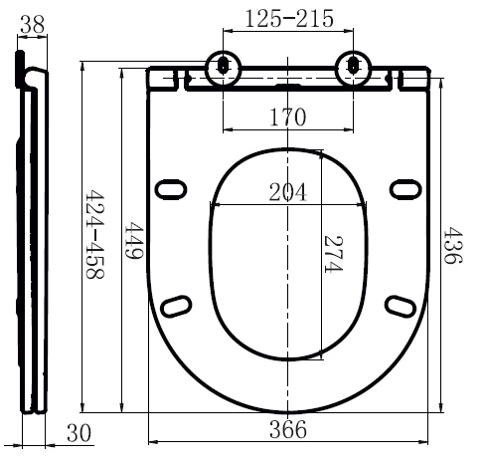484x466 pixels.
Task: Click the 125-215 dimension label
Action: tap(289, 19)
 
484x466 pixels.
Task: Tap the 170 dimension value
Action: tap(288, 117)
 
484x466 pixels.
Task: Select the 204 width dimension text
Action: tap(287, 192)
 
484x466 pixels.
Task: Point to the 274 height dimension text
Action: tap(333, 254)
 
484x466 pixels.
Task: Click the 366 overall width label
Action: tap(288, 429)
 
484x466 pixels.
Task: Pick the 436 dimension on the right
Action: tap(452, 245)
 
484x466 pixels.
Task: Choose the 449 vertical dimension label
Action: tap(133, 241)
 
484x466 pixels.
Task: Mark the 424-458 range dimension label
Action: tap(95, 234)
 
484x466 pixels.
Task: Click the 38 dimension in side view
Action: tap(32, 24)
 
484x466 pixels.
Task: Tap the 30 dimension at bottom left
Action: tap(79, 433)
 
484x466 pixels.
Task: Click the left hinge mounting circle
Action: tap(223, 68)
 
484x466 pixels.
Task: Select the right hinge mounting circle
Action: tap(354, 68)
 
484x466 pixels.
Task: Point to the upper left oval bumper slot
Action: tap(171, 189)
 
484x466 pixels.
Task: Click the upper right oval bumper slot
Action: tap(405, 189)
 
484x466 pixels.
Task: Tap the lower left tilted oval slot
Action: tap(176, 306)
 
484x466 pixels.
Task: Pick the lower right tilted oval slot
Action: tap(401, 306)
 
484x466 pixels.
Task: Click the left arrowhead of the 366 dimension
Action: tap(153, 442)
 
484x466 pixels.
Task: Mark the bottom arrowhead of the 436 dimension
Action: tap(440, 407)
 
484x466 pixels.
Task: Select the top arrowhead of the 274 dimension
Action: tap(321, 154)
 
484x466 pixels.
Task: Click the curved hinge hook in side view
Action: tap(34, 79)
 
